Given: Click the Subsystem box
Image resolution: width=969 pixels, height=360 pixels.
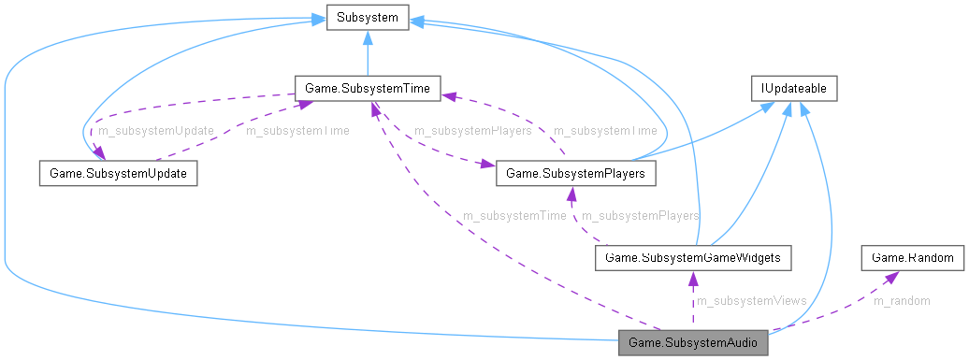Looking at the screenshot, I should (x=367, y=18).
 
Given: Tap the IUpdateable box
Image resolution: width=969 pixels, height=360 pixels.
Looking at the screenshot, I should (x=794, y=89).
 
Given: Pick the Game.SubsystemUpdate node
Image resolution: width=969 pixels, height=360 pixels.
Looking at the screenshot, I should (x=118, y=174).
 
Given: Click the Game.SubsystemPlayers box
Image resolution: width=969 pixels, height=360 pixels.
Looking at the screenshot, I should (x=575, y=174).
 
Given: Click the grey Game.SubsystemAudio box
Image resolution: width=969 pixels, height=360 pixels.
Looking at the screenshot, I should (x=693, y=342).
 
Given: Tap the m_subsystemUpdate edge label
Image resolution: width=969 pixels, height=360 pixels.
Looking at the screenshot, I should (x=156, y=131).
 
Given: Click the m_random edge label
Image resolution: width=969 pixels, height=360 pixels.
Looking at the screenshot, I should (x=902, y=300).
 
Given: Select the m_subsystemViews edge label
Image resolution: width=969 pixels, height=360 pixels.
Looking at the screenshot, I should (x=751, y=300).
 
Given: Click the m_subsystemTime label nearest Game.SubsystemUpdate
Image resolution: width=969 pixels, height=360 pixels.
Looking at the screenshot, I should (x=296, y=131).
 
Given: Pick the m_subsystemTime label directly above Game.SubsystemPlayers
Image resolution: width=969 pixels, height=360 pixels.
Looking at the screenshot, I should (x=604, y=131).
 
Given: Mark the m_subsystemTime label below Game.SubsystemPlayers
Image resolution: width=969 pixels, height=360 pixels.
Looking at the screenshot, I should (x=514, y=216).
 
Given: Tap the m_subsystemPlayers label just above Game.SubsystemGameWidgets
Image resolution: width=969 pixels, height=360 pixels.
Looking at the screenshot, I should (x=641, y=216).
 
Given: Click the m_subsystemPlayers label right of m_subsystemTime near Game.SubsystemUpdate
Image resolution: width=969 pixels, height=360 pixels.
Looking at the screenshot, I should (x=473, y=131).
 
